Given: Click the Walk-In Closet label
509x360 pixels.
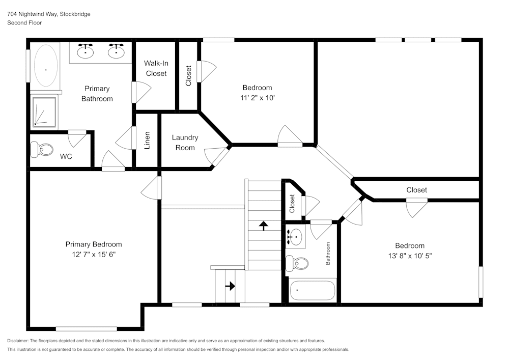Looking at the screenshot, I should click(x=156, y=68).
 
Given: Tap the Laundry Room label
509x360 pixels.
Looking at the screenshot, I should click(x=185, y=143).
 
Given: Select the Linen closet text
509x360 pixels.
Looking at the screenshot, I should click(x=147, y=140).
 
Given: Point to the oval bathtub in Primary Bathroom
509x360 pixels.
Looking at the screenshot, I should click(x=45, y=69).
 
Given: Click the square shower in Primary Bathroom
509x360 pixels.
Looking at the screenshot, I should click(x=46, y=112).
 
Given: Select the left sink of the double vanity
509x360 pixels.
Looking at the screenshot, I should click(x=86, y=50).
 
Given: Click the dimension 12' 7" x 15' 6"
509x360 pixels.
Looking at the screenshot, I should click(x=94, y=254).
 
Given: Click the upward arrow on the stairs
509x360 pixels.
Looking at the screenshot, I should click(x=264, y=225).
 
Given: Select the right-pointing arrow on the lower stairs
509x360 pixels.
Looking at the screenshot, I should click(x=230, y=286).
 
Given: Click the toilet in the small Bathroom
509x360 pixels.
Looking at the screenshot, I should click(x=297, y=263).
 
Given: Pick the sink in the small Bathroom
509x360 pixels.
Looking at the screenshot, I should click(x=295, y=236).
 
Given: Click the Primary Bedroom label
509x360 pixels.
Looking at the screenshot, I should click(x=94, y=244).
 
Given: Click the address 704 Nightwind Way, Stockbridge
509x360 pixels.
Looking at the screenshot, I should click(x=49, y=14).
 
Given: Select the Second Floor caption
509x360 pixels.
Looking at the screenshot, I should click(x=24, y=23).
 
